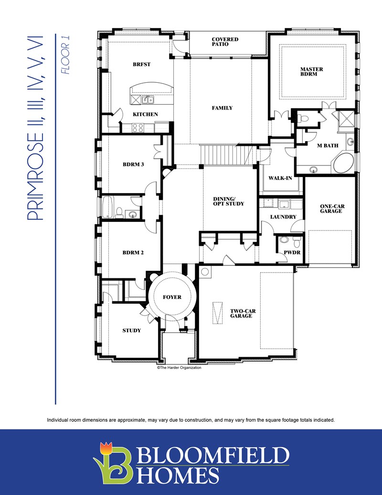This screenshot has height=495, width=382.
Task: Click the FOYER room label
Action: point(172,297)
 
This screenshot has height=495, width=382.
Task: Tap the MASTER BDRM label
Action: point(311,72)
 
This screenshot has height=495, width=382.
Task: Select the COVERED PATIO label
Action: point(225,42)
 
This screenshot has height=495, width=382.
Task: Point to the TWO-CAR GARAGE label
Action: point(243,313)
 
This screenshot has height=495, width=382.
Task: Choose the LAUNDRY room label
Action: point(283,217)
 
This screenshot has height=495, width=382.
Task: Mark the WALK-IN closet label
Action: point(280,178)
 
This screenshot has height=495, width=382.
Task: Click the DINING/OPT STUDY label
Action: point(228,201)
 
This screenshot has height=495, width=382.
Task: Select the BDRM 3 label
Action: point(133,164)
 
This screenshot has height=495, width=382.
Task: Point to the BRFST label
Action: point(142,64)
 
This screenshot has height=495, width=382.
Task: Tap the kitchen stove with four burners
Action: point(138,127)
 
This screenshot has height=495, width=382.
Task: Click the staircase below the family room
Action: point(225,154)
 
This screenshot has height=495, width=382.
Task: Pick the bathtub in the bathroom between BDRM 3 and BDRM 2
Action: point(107,207)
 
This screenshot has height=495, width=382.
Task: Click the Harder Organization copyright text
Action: point(179,367)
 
